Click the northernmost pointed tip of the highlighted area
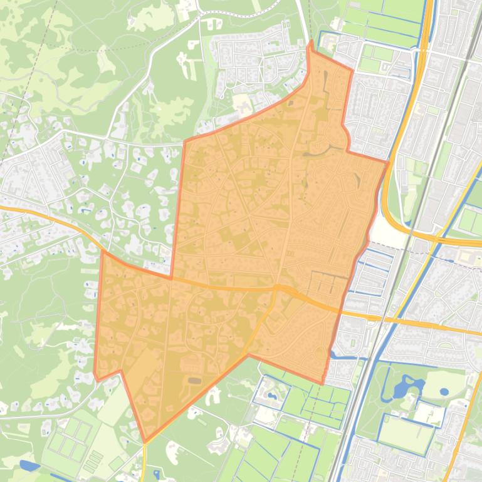311,41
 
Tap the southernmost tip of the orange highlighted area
145,442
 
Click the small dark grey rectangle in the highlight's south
194,380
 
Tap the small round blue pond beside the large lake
444,392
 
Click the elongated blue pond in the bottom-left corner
29,466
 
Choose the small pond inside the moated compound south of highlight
271,396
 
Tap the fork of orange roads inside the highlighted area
276,289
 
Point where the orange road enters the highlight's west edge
102,252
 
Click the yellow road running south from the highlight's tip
145,463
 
